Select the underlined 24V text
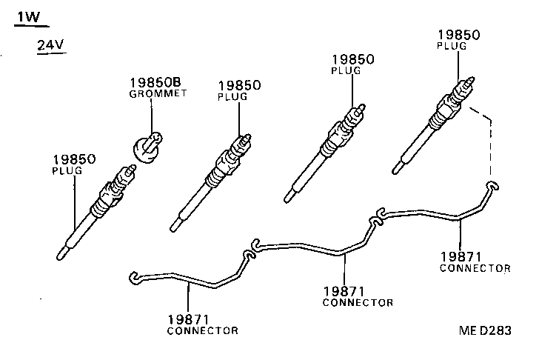(x=51, y=46)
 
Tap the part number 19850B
(x=156, y=83)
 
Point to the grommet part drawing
(x=146, y=144)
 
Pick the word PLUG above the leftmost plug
(x=67, y=170)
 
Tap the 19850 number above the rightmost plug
(x=458, y=34)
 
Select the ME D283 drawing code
(x=484, y=331)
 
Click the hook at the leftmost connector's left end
(x=133, y=277)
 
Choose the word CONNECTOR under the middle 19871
(x=358, y=302)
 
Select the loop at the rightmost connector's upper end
(x=490, y=185)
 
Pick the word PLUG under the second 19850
(x=232, y=97)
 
